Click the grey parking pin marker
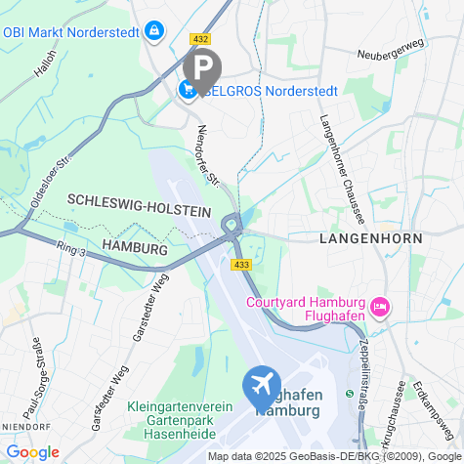click(x=202, y=67)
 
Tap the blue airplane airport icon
click(x=263, y=386)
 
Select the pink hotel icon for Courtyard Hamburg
click(x=380, y=308)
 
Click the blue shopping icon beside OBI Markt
click(x=153, y=32)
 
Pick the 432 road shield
click(x=201, y=39)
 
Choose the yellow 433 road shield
click(x=240, y=265)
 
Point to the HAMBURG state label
click(x=135, y=248)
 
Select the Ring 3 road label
click(x=71, y=251)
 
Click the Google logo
click(x=31, y=452)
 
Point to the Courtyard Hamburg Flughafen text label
click(x=305, y=308)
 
